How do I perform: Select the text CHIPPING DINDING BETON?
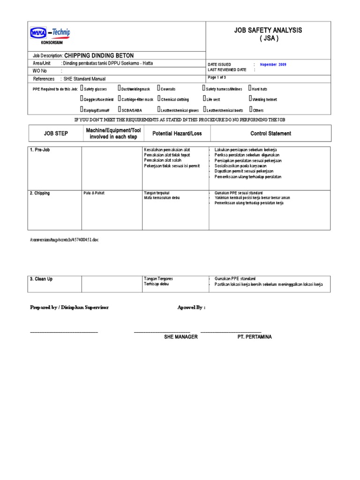pyautogui.click(x=99, y=55)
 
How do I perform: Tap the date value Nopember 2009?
pyautogui.click(x=273, y=64)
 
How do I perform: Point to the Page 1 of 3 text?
pyautogui.click(x=217, y=77)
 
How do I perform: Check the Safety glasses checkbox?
pyautogui.click(x=82, y=88)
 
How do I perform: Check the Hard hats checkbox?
pyautogui.click(x=250, y=88)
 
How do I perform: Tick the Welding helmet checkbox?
pyautogui.click(x=250, y=98)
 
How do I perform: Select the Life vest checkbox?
pyautogui.click(x=204, y=98)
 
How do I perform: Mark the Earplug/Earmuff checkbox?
pyautogui.click(x=82, y=109)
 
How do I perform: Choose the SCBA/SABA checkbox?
pyautogui.click(x=120, y=109)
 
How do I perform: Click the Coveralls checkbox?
pyautogui.click(x=158, y=88)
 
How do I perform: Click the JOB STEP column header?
pyautogui.click(x=56, y=134)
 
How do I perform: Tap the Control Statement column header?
pyautogui.click(x=270, y=134)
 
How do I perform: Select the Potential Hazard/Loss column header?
pyautogui.click(x=177, y=134)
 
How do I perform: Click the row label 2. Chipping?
pyautogui.click(x=40, y=193)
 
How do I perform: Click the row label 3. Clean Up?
pyautogui.click(x=41, y=279)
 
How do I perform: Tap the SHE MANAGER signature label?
pyautogui.click(x=177, y=337)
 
